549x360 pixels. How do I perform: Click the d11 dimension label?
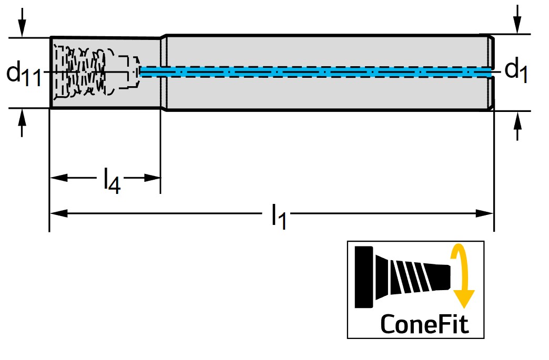click(23, 73)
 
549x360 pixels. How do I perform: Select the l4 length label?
click(111, 180)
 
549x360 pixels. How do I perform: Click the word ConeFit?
click(424, 323)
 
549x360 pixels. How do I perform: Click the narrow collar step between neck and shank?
click(164, 73)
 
